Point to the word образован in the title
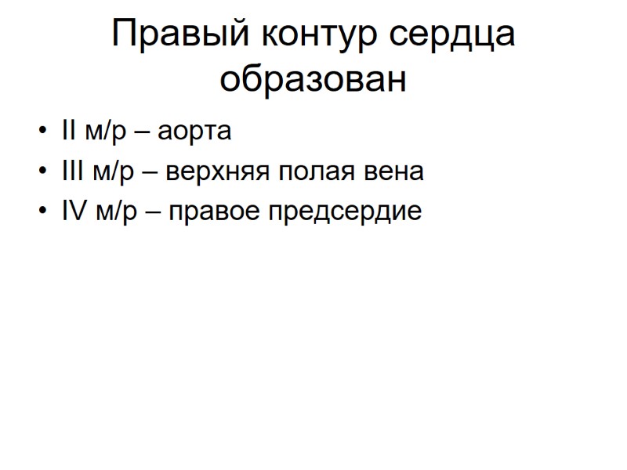click(x=313, y=79)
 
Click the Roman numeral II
click(x=66, y=131)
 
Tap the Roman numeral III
click(x=70, y=172)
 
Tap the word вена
click(x=397, y=172)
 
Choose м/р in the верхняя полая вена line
click(x=112, y=172)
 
